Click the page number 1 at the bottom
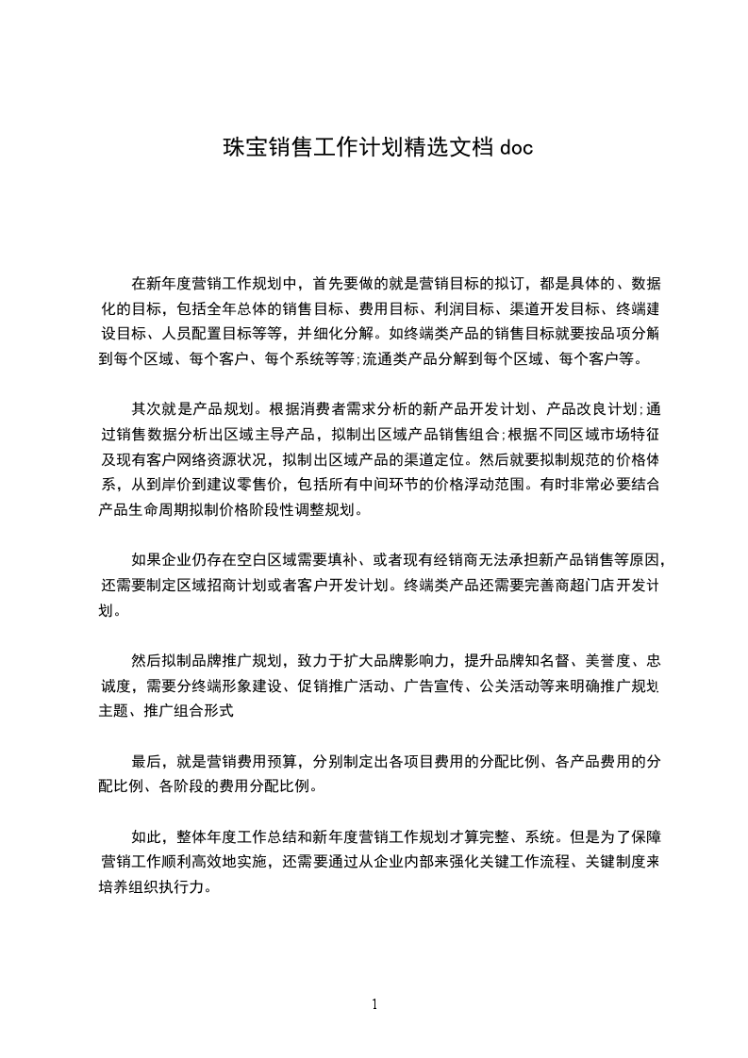click(374, 1004)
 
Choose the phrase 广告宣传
click(437, 685)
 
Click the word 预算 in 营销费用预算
click(266, 761)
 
